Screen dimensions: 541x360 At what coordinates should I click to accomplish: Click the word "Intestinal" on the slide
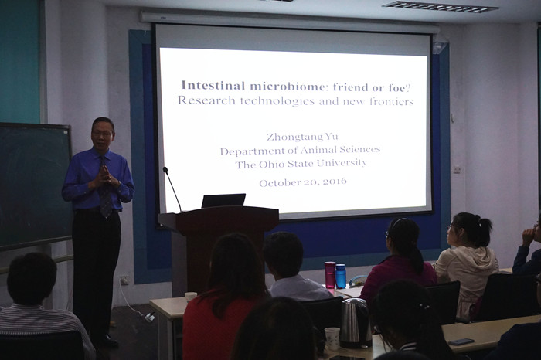213,85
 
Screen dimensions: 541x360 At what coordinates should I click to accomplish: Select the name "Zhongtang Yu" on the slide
302,137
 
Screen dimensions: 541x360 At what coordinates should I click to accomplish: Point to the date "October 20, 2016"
303,182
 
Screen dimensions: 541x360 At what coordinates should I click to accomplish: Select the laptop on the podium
223,200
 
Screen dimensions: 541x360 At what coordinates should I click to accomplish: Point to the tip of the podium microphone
165,169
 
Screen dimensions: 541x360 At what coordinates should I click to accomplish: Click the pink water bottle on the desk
329,274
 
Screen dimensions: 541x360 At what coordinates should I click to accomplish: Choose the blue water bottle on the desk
341,276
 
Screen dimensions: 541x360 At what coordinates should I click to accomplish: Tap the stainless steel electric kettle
356,323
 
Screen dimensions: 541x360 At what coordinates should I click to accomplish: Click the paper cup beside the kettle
332,338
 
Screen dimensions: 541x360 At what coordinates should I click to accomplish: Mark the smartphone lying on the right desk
461,341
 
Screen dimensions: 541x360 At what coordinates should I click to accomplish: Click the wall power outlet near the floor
124,280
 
